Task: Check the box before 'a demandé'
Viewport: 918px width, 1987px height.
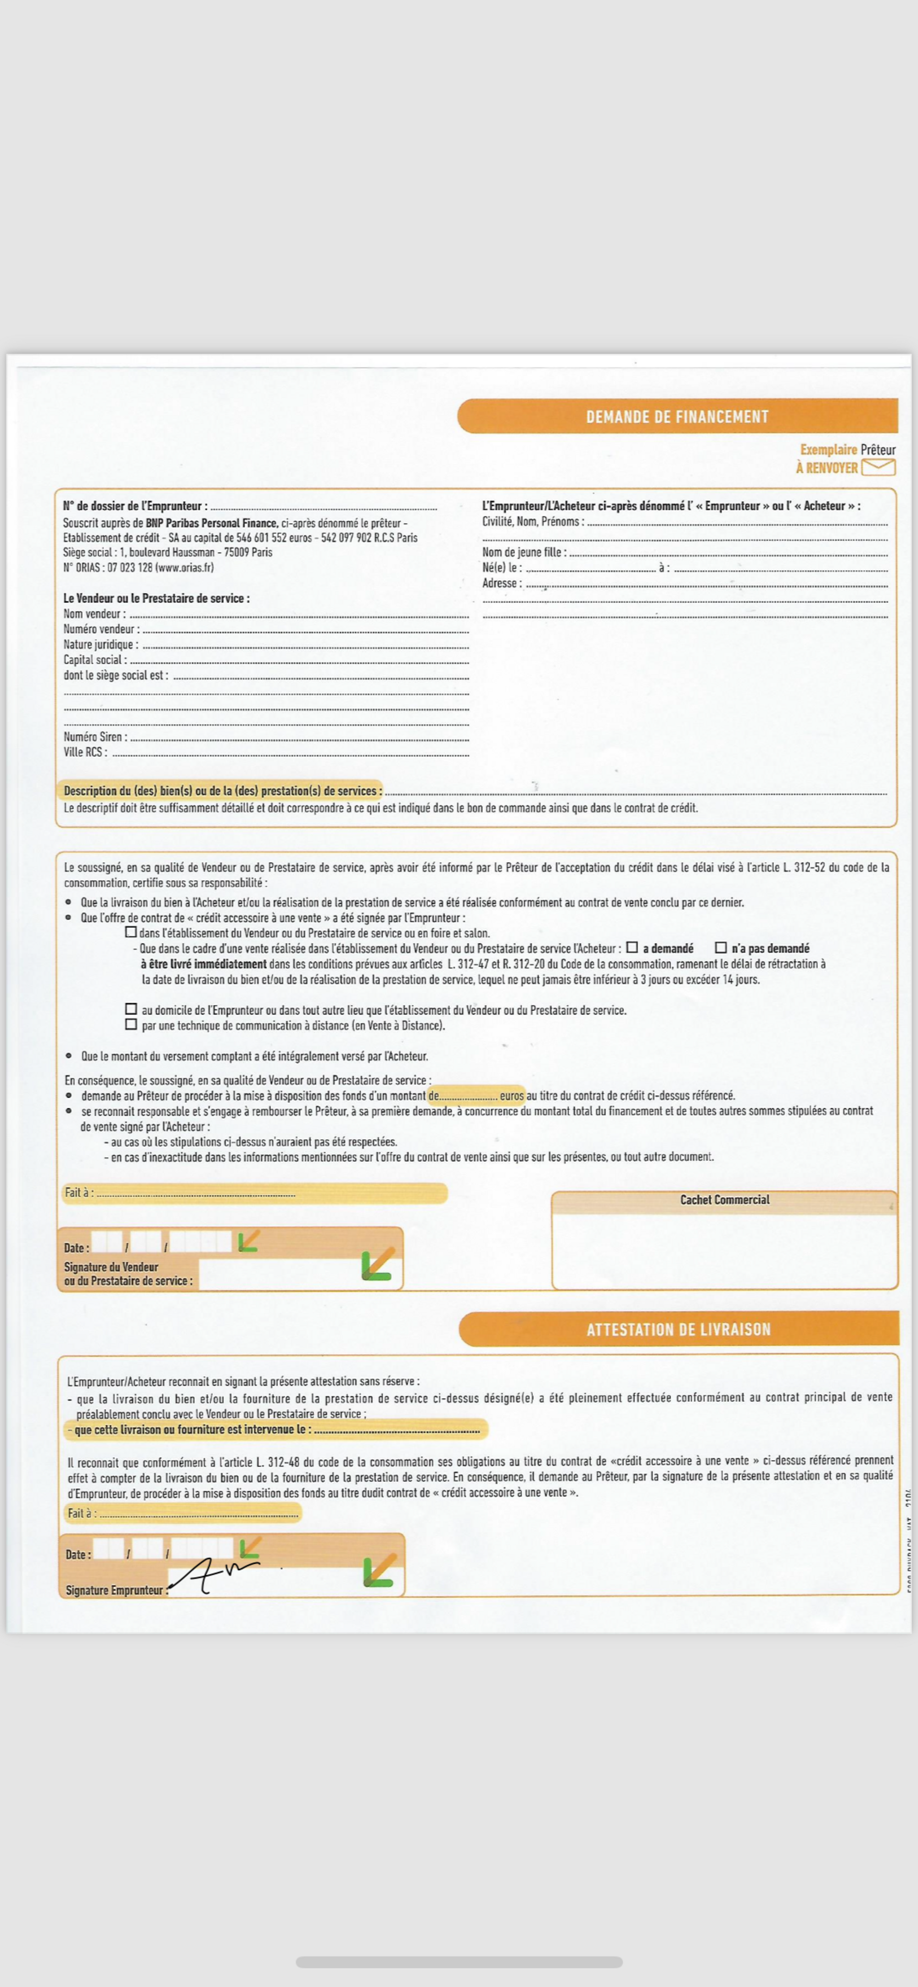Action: coord(632,947)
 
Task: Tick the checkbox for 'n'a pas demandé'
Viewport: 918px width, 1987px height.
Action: coord(721,947)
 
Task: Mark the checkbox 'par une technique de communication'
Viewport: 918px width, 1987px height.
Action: coord(131,1024)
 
